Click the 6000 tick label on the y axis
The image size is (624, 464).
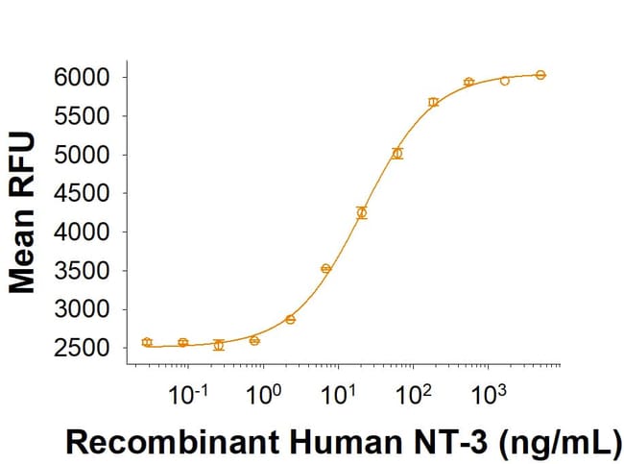83,77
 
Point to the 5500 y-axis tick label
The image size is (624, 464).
83,115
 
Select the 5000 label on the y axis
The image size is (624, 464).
83,155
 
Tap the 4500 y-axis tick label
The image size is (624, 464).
83,193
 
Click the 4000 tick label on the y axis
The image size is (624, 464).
83,232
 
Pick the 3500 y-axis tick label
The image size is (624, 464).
83,271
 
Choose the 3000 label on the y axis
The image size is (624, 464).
83,309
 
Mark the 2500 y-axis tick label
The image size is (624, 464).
83,348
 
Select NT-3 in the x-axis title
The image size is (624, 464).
445,443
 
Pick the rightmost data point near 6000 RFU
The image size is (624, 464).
540,74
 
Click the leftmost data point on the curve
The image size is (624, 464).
147,342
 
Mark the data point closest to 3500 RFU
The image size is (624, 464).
325,269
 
